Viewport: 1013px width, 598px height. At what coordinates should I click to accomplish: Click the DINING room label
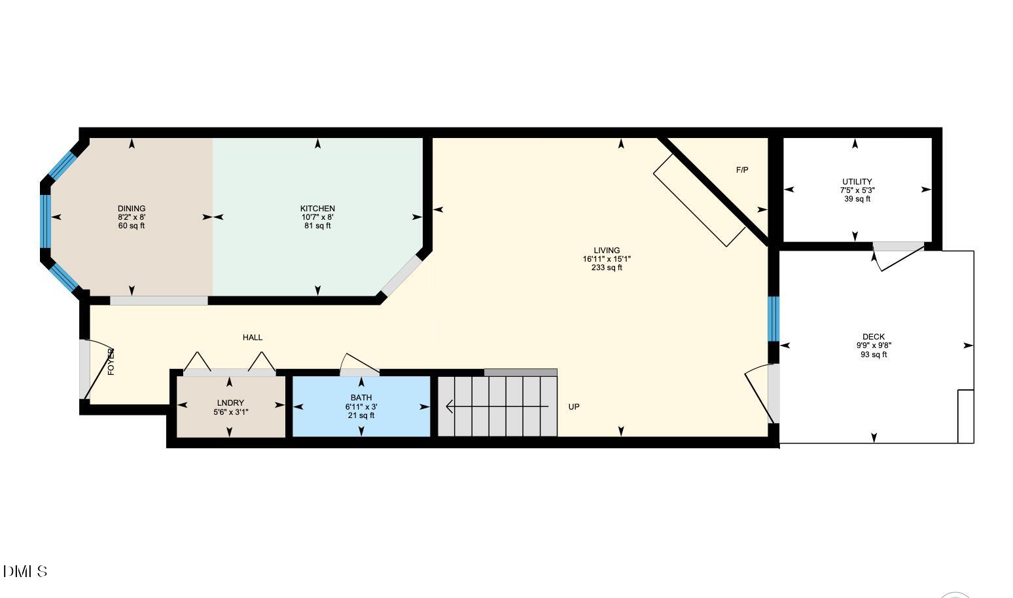click(x=132, y=208)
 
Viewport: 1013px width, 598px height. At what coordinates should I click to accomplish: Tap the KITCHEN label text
click(x=317, y=208)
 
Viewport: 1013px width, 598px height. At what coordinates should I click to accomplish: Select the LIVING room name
click(x=607, y=251)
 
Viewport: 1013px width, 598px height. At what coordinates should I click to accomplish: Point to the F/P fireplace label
click(x=742, y=170)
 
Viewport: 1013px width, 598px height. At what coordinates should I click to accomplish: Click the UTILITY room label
click(x=857, y=182)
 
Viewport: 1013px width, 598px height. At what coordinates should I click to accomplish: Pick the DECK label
click(x=874, y=337)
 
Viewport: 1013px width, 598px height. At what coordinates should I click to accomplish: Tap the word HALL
click(x=253, y=337)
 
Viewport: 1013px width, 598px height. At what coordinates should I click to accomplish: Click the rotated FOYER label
click(x=111, y=362)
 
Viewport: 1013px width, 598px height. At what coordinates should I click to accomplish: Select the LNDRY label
click(x=230, y=403)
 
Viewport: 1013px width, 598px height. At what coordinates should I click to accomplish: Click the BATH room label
click(x=361, y=397)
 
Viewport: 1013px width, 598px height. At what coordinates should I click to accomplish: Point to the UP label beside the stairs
click(x=574, y=407)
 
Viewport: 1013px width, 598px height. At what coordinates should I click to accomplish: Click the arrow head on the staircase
click(x=450, y=406)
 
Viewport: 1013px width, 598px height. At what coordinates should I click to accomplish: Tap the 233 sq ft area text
click(x=607, y=268)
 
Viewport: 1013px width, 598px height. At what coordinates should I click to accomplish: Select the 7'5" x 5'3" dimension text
click(x=857, y=190)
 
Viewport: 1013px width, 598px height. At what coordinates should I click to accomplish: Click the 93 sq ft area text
click(x=874, y=355)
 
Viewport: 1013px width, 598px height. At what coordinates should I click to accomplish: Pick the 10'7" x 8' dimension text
click(x=317, y=217)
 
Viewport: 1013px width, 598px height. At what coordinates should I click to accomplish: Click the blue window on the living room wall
click(x=773, y=319)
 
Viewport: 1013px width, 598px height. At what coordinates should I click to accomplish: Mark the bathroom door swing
click(x=359, y=364)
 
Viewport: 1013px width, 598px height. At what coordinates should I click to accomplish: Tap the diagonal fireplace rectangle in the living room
click(x=699, y=201)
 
